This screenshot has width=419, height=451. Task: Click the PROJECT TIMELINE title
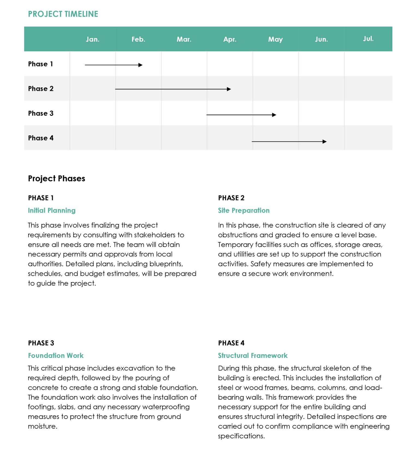(63, 14)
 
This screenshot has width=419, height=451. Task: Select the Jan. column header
(92, 39)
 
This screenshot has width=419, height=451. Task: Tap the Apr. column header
(230, 39)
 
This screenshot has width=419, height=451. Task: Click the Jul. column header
(368, 39)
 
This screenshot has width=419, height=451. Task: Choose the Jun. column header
(321, 39)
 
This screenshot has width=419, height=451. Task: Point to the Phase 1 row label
(40, 64)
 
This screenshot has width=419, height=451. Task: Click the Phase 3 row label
(41, 113)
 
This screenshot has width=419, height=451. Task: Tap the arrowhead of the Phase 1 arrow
(140, 65)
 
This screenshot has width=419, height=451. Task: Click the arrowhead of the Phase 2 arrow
(229, 89)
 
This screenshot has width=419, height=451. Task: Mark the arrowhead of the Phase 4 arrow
(324, 142)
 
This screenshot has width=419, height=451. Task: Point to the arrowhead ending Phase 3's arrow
(274, 115)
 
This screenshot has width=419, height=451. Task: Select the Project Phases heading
(56, 178)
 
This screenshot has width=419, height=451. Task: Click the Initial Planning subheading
(52, 210)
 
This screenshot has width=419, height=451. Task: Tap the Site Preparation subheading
(244, 210)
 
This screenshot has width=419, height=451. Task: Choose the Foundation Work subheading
(56, 355)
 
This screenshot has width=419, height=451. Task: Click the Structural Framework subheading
(253, 355)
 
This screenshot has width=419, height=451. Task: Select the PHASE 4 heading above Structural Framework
(231, 343)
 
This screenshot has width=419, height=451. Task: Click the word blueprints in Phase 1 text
(166, 264)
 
